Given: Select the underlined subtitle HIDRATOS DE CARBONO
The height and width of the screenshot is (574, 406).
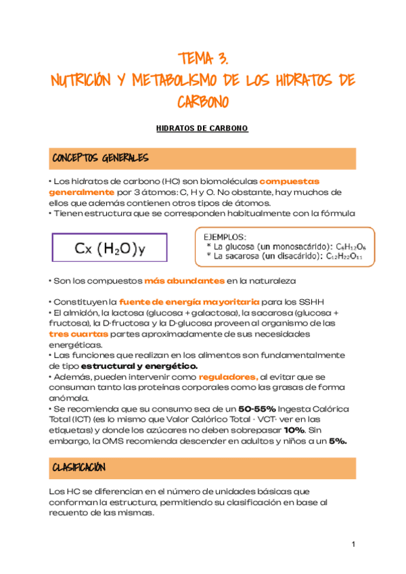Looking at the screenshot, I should pos(202,128).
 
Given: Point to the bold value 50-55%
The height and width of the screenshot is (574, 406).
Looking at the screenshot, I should pos(254,410).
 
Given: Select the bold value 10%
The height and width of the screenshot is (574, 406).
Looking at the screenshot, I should pos(294,430).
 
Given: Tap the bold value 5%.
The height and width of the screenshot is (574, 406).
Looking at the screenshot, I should pos(338,441).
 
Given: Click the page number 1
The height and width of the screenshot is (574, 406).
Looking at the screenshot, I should pos(353,545).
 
